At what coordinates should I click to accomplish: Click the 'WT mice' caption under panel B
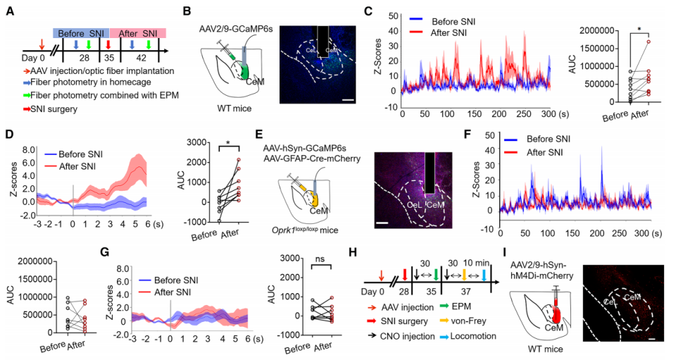[232, 109]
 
